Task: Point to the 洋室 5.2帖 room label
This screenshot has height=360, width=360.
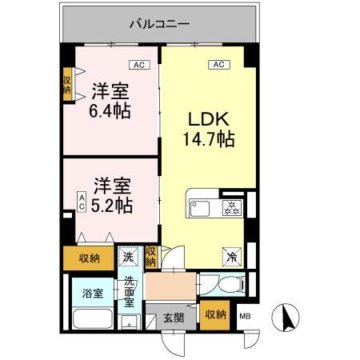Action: coord(110,195)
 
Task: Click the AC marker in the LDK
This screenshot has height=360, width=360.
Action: coord(216,63)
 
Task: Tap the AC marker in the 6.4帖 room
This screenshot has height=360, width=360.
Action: coord(137,63)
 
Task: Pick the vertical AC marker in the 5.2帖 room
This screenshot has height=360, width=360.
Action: coord(82,200)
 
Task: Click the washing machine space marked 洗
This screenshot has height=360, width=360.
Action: coord(128,257)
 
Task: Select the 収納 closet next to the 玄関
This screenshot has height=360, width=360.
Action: coord(214,314)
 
